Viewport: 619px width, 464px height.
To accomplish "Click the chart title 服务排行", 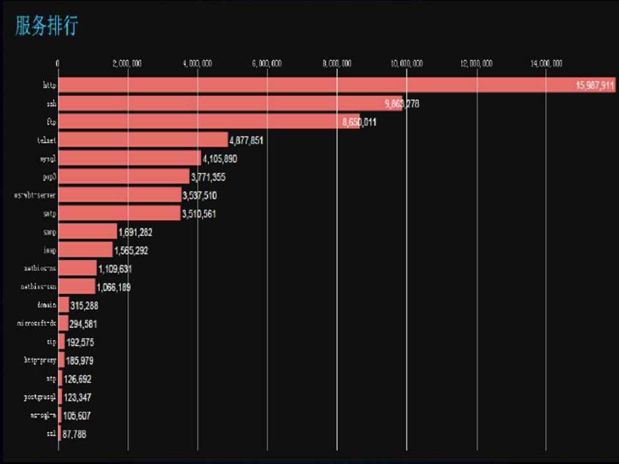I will pyautogui.click(x=46, y=26).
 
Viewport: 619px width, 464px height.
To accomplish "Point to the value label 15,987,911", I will pyautogui.click(x=595, y=86).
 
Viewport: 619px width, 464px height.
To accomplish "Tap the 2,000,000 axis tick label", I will pyautogui.click(x=127, y=63).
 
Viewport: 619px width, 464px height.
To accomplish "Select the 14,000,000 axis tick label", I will pyautogui.click(x=546, y=63).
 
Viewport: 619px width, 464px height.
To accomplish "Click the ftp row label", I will pyautogui.click(x=51, y=122).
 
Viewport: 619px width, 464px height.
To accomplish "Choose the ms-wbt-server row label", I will pyautogui.click(x=35, y=195).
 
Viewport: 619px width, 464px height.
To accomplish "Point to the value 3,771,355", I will pyautogui.click(x=208, y=177).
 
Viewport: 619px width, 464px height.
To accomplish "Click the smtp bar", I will pyautogui.click(x=119, y=213).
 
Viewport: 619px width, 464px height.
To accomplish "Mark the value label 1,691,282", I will pyautogui.click(x=135, y=232).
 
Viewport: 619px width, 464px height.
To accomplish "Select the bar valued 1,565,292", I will pyautogui.click(x=85, y=250).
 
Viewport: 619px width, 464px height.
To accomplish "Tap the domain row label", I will pyautogui.click(x=47, y=305).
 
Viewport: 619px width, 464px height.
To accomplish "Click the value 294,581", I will pyautogui.click(x=84, y=324).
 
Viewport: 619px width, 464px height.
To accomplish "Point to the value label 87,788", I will pyautogui.click(x=74, y=434).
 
